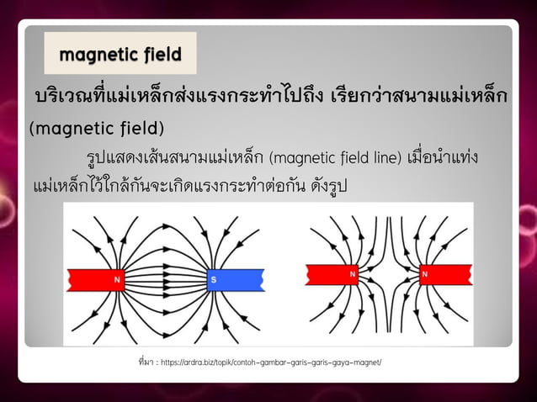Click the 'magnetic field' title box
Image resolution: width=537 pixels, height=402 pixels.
[120, 55]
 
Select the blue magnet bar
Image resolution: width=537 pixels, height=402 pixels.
[236, 278]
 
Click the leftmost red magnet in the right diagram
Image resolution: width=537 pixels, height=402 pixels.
[333, 274]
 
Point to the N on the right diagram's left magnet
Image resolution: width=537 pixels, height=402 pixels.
[354, 274]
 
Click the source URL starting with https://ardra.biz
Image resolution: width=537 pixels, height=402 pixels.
[269, 362]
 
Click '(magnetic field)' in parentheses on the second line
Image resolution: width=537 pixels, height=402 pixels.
[97, 129]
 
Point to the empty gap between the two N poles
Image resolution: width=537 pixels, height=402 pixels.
[388, 274]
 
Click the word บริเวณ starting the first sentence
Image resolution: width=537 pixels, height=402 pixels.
[64, 96]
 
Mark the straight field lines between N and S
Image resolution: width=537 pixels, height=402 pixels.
[164, 278]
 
